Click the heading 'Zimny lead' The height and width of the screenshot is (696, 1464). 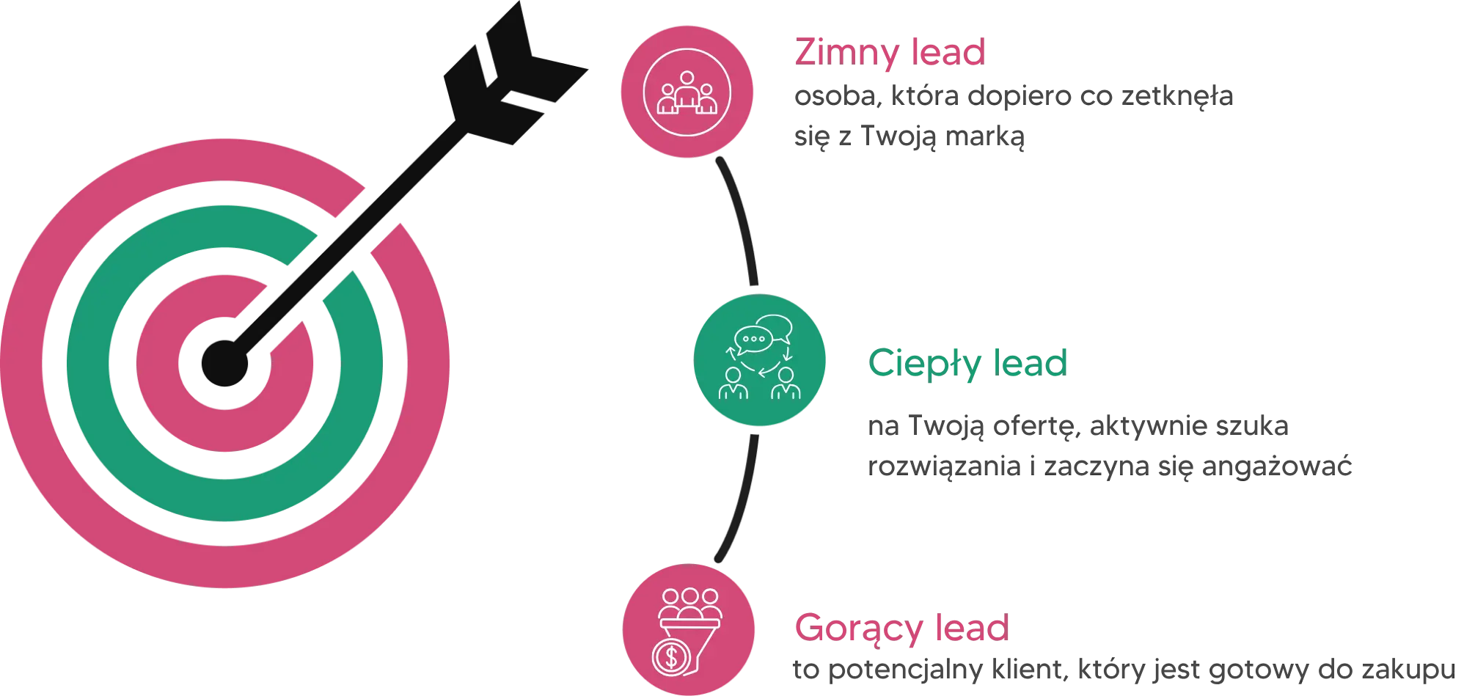click(x=890, y=53)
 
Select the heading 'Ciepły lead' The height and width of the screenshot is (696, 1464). click(x=967, y=364)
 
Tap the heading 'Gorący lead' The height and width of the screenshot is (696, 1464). click(x=902, y=629)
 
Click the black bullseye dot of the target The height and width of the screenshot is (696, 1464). click(x=225, y=363)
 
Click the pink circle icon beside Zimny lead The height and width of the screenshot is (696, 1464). click(x=687, y=92)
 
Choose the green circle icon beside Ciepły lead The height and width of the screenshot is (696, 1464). click(x=760, y=359)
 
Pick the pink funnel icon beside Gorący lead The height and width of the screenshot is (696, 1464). click(x=688, y=629)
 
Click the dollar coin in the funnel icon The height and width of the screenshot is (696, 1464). click(x=671, y=657)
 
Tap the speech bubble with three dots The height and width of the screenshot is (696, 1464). click(x=753, y=339)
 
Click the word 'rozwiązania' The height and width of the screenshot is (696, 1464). click(x=944, y=466)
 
